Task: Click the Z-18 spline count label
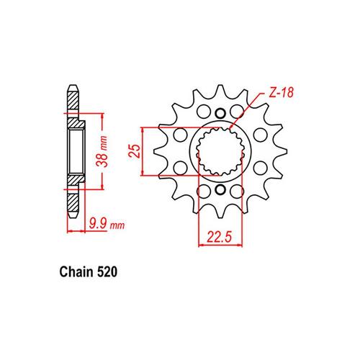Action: pos(281,93)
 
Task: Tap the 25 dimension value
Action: pos(135,151)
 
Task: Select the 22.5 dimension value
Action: pos(220,237)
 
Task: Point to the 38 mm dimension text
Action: pos(102,151)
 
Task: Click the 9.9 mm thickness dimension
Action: pos(107,225)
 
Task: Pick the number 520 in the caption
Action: pos(107,272)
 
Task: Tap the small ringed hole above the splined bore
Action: pos(220,113)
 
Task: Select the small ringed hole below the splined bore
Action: pos(220,190)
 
